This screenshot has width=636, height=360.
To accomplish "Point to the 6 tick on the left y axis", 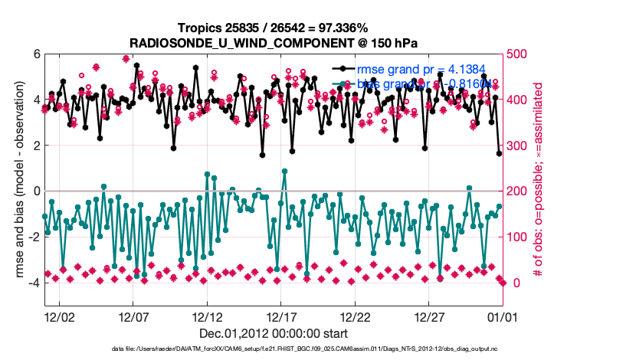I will pyautogui.click(x=36, y=54).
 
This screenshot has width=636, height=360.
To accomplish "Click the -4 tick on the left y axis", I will pyautogui.click(x=34, y=283).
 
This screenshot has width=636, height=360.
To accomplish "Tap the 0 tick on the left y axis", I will pyautogui.click(x=36, y=191).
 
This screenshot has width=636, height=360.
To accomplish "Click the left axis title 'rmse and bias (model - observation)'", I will pyautogui.click(x=18, y=180).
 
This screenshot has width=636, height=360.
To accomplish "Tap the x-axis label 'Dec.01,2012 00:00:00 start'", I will pyautogui.click(x=274, y=334).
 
